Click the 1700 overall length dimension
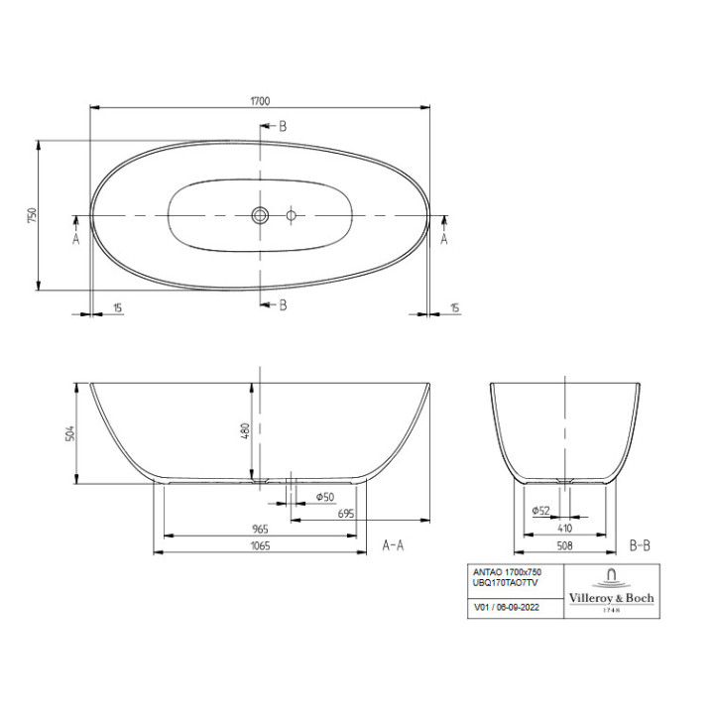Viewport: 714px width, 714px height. (x=261, y=100)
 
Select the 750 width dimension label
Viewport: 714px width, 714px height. (x=32, y=214)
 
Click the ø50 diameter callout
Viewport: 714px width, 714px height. (x=323, y=496)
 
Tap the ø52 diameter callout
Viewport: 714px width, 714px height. (x=541, y=510)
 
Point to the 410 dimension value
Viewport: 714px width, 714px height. (x=563, y=529)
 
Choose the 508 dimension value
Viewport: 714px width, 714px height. (x=563, y=545)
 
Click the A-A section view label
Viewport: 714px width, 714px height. (x=393, y=545)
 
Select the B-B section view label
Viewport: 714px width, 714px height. (x=640, y=545)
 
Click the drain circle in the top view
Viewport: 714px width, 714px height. (x=260, y=214)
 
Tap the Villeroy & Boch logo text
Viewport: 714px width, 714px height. (x=611, y=597)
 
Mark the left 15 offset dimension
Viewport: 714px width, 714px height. (x=118, y=307)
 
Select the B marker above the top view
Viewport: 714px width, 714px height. (x=282, y=126)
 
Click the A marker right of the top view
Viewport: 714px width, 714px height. (x=443, y=238)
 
